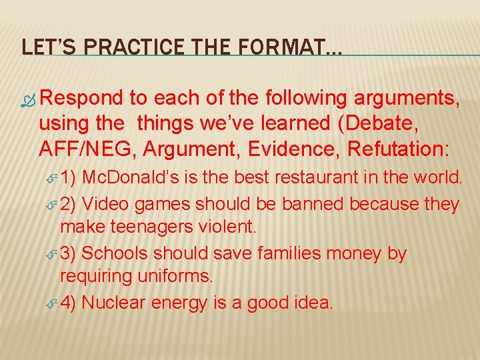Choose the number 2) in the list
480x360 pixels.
pos(70,203)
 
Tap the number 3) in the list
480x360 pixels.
pos(70,253)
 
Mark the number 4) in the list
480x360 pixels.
pos(70,303)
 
